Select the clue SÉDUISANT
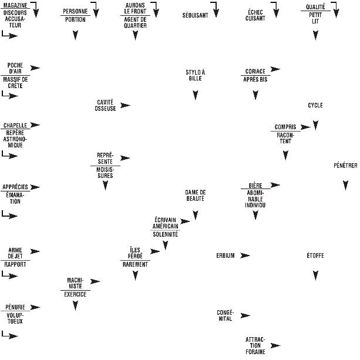coord(195,15)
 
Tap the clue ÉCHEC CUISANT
coord(255,15)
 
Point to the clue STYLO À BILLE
coord(196,75)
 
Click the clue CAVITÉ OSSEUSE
coord(105,105)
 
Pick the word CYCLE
coord(315,106)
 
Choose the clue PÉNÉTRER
coord(345,166)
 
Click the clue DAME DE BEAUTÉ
coord(195,196)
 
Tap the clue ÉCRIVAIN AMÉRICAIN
coord(165,223)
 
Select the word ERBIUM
coord(226,255)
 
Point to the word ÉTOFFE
coord(315,255)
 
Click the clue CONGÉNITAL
coord(226,315)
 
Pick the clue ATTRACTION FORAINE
coord(255,345)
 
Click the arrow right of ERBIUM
coord(245,255)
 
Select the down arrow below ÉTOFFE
coord(315,275)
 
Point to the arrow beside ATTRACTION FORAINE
coord(275,345)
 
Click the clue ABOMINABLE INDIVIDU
coord(255,198)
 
